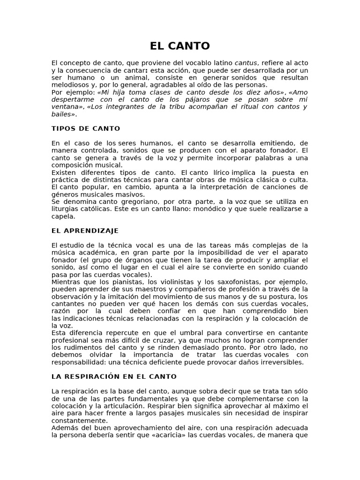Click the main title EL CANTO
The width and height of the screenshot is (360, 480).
point(180,46)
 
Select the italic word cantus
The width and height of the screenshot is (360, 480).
point(245,63)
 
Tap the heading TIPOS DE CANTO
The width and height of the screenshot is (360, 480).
point(86,128)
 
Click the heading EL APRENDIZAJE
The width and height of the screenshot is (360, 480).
point(85,231)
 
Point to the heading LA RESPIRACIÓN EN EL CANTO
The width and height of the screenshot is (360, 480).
point(114,376)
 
